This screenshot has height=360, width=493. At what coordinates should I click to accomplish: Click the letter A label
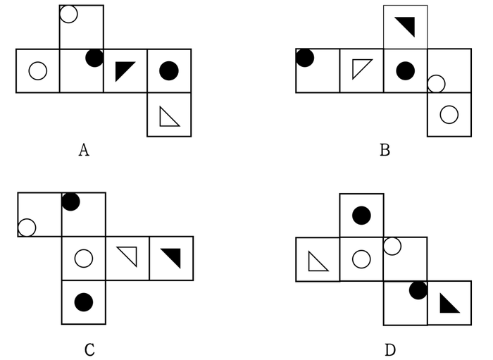84,149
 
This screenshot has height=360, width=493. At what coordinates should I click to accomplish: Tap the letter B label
385,149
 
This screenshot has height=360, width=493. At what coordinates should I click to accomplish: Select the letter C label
89,349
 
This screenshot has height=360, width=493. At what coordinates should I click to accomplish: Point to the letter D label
390,349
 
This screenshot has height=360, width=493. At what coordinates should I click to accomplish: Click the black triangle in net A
123,69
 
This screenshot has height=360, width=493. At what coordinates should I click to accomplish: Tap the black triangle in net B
408,25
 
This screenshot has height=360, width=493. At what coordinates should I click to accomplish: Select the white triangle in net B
360,67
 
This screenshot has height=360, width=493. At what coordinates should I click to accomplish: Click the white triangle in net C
130,254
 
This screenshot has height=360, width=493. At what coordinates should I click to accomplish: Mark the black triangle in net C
173,256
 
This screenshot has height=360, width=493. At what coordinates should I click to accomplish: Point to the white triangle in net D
316,263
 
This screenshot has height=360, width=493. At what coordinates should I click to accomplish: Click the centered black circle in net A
169,70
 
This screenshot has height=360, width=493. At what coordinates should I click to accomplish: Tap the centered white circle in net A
38,70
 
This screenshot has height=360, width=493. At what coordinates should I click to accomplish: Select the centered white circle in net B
449,114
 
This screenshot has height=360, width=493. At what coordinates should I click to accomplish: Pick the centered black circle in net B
405,70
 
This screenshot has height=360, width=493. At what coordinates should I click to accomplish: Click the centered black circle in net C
84,302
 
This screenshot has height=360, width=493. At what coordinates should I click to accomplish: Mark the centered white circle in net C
84,259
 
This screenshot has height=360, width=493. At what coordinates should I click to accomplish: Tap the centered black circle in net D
361,216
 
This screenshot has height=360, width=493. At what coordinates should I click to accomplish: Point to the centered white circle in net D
361,259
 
